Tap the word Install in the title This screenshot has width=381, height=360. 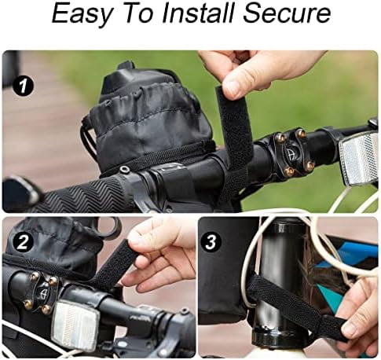point(197,13)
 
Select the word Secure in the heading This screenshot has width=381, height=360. point(286,13)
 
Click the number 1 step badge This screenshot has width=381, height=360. point(24,86)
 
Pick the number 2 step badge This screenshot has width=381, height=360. point(24,243)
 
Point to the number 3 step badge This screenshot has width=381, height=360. point(211,243)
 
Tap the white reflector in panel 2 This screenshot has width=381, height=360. point(75,326)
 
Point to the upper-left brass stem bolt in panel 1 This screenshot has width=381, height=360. point(280,138)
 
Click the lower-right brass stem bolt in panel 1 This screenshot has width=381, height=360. point(310,164)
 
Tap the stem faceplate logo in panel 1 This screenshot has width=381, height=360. point(290,152)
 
